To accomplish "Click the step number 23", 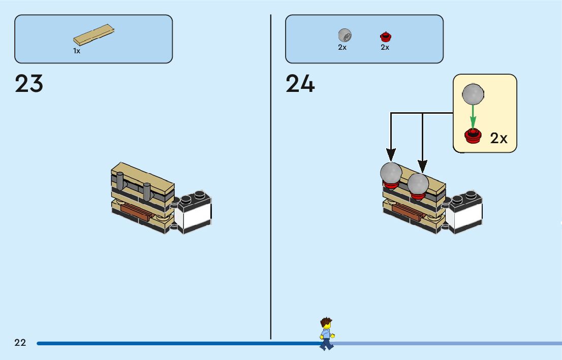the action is click(x=29, y=84).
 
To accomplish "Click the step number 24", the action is click(x=300, y=84).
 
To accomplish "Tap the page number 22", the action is click(x=20, y=343).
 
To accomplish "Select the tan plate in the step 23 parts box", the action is click(x=93, y=35).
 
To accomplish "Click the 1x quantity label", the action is click(x=77, y=51).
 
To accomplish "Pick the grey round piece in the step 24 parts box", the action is click(x=345, y=35).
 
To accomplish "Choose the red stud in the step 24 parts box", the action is click(x=385, y=37).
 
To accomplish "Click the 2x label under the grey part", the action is click(x=342, y=47).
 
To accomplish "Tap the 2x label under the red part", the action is click(x=385, y=47).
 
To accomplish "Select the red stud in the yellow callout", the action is click(x=473, y=136).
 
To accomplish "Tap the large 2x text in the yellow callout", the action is click(x=498, y=138).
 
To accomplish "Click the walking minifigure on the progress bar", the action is click(x=326, y=334).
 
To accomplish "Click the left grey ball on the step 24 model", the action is click(x=391, y=173).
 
